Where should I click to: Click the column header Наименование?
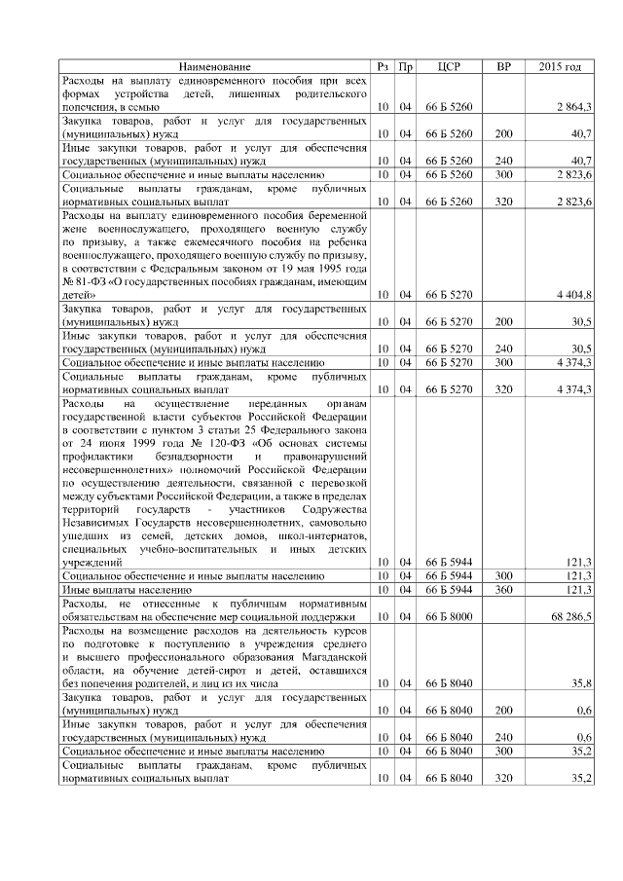[x=215, y=66]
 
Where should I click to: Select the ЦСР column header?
[x=449, y=66]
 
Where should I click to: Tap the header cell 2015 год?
[x=560, y=66]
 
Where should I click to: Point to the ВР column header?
[x=503, y=66]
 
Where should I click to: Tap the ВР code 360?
[x=503, y=590]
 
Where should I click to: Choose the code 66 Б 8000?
[x=449, y=616]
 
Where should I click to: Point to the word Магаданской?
[x=330, y=658]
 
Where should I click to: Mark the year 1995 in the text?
[x=347, y=267]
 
